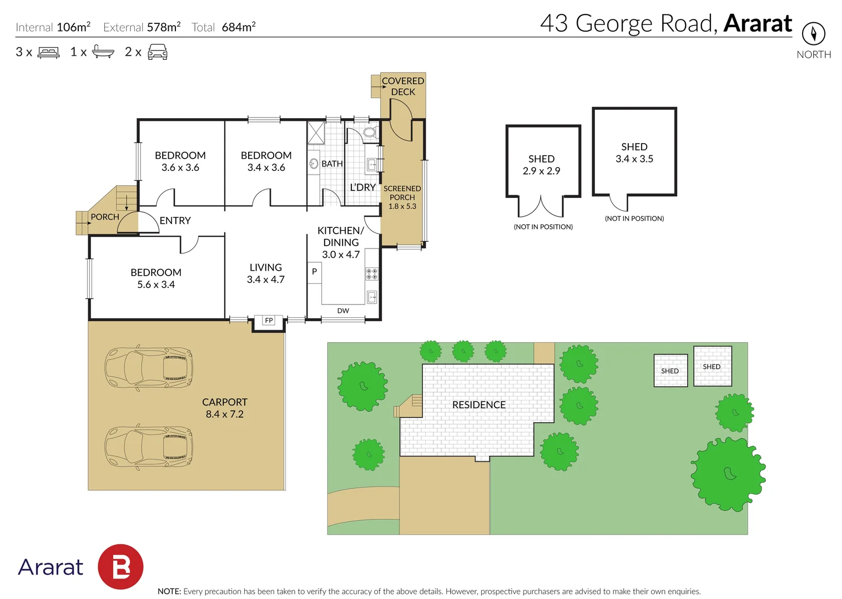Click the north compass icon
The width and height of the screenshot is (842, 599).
tap(814, 33)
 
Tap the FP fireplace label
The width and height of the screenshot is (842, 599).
tap(269, 321)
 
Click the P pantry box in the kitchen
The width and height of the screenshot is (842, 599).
tap(315, 272)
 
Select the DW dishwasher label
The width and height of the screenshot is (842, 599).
tap(343, 311)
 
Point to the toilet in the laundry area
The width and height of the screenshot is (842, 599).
tap(371, 132)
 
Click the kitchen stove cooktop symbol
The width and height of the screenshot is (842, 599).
tap(372, 274)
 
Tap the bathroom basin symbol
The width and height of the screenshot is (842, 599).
tap(314, 164)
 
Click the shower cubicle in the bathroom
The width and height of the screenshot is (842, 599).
tap(316, 133)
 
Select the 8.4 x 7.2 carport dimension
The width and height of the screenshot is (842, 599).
tap(224, 414)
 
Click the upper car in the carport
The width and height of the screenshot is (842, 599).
tap(149, 367)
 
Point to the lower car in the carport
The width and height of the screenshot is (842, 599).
tap(149, 447)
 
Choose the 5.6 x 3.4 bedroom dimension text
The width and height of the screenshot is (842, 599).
tap(156, 285)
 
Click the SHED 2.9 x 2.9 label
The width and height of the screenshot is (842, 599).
tap(541, 165)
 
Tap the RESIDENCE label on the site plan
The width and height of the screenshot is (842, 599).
tap(478, 405)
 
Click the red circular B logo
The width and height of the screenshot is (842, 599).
tap(120, 567)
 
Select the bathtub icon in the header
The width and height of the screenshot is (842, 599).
tap(103, 52)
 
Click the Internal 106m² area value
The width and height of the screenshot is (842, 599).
tap(74, 27)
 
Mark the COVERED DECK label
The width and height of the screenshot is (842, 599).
tap(403, 87)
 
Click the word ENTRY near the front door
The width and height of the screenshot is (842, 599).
tap(175, 220)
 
